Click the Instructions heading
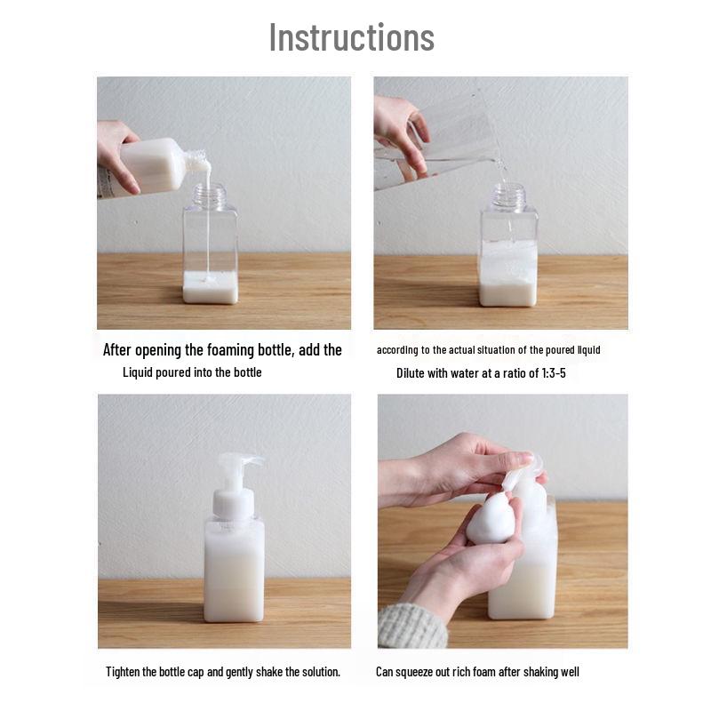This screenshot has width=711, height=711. (352, 37)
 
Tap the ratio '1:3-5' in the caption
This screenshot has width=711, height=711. (554, 373)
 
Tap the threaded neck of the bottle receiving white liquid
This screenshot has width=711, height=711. (210, 196)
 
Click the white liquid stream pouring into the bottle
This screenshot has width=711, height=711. (208, 222)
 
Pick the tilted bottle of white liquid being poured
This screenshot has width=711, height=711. (149, 168)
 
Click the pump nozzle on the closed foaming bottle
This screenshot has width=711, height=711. (239, 467)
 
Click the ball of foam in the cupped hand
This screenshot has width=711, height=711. (492, 518)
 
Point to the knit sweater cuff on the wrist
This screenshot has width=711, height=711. (411, 627)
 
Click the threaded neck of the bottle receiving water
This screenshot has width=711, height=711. (508, 196)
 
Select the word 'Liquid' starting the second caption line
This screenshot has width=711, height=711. (138, 372)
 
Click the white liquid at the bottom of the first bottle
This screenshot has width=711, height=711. (211, 287)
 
